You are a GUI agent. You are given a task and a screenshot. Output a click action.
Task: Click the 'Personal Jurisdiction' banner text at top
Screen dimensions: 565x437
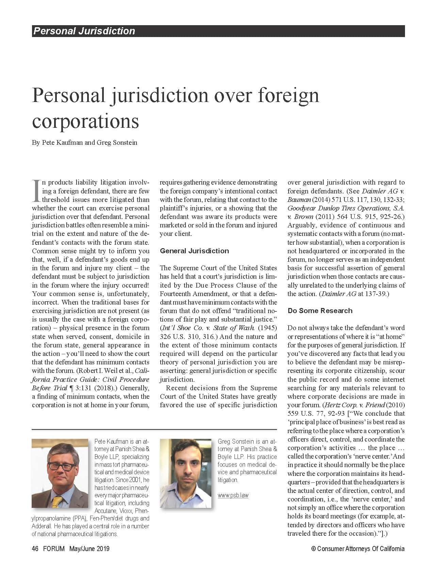coord(84,31)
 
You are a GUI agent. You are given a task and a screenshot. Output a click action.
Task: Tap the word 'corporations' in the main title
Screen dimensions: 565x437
coord(85,121)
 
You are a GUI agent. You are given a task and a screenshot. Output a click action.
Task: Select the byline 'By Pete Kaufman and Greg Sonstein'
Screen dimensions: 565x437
coord(84,142)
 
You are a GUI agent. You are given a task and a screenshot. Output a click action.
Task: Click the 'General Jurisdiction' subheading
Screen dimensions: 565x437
coord(194,251)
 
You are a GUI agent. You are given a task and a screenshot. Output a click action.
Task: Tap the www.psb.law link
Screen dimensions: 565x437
coord(233,495)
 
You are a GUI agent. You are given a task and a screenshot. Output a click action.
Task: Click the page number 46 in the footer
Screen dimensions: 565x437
coord(35,549)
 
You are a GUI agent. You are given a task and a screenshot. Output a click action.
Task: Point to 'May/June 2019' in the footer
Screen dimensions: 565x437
coord(90,549)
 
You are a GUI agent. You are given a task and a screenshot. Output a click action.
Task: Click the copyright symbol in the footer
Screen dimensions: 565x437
coord(313,549)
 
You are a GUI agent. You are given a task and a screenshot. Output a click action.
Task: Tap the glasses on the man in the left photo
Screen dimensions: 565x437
coord(61,466)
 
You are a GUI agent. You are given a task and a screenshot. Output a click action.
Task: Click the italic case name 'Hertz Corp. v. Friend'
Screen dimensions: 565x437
coord(355,405)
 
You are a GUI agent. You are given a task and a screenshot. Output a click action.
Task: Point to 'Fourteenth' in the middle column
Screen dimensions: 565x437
coord(176,294)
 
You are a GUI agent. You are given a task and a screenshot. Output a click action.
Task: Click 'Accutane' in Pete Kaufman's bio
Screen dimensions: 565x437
coord(106,511)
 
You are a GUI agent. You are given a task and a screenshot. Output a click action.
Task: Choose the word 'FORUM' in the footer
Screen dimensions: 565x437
coord(54,549)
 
